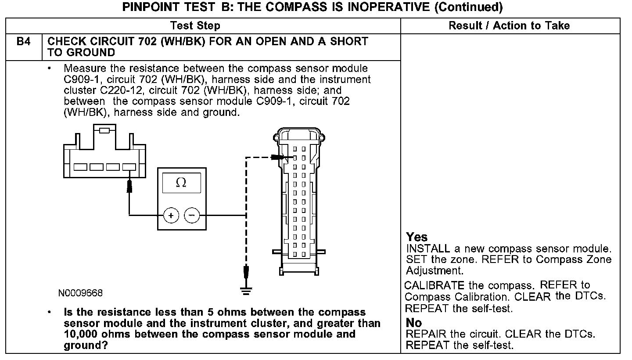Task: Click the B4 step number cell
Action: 24,42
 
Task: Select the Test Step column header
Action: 195,25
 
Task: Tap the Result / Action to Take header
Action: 509,25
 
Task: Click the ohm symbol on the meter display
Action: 181,183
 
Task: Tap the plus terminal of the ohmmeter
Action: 171,215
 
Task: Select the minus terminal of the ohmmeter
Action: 191,215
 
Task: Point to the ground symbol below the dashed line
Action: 246,290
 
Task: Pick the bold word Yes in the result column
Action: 417,237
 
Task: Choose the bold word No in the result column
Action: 414,323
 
